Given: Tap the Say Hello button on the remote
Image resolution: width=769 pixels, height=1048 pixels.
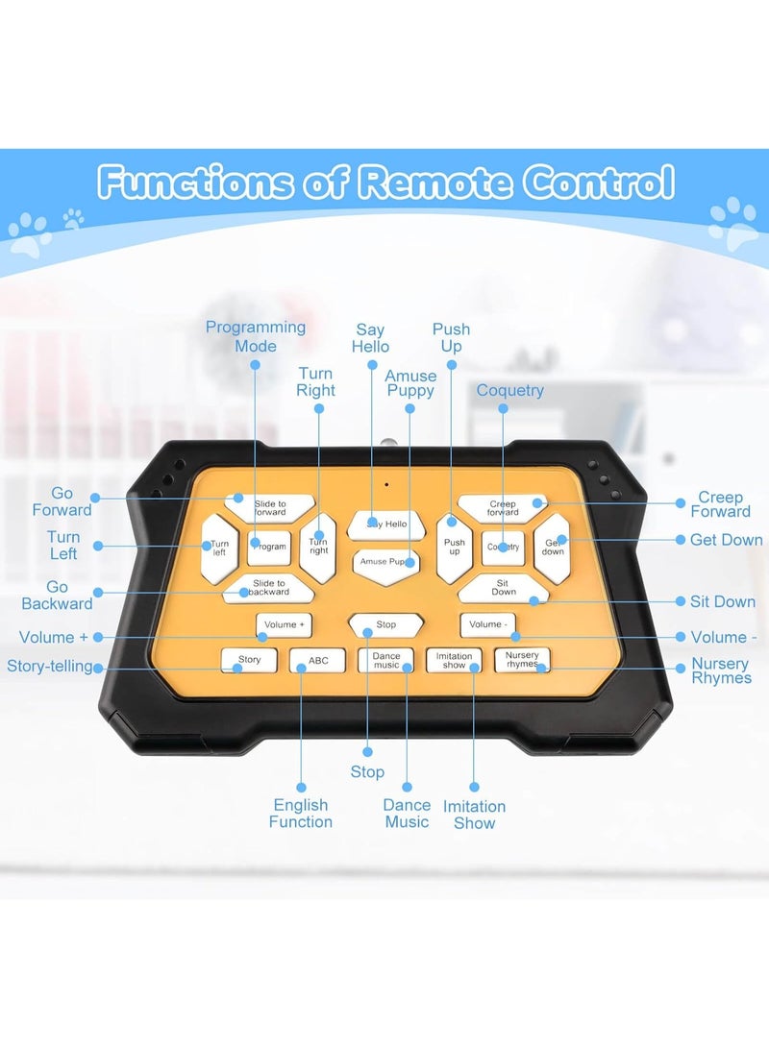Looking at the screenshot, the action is (x=386, y=525).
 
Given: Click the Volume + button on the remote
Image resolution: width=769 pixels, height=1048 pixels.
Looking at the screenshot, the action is (x=285, y=625).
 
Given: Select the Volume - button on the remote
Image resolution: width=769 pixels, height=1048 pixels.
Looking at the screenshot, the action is (x=487, y=625).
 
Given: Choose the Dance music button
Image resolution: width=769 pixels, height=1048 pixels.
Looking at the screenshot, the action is (x=385, y=660).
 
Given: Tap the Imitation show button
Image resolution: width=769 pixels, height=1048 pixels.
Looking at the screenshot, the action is (x=454, y=660).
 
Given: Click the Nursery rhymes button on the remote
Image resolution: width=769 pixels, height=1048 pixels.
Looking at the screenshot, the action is (x=522, y=660).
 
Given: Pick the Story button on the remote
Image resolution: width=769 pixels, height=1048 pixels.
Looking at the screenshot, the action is (x=249, y=660).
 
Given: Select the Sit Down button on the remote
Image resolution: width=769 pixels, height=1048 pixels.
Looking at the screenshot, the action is (x=504, y=588).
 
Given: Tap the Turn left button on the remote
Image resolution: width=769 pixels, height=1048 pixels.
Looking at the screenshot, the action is (x=219, y=548).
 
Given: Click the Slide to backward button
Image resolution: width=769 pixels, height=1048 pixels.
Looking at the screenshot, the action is (x=269, y=588).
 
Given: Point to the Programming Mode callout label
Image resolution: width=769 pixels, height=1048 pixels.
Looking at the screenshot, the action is (x=256, y=336).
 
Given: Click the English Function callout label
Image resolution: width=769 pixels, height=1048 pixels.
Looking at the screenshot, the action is (x=301, y=813).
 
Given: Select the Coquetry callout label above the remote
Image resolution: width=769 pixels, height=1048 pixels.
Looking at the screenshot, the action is (x=510, y=390).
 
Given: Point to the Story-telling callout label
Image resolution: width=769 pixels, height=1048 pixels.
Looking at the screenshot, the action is (x=49, y=667).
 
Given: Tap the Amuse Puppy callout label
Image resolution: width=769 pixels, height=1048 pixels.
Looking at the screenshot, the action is (x=410, y=383).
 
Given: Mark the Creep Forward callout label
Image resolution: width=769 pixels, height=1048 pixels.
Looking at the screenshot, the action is (x=720, y=504).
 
